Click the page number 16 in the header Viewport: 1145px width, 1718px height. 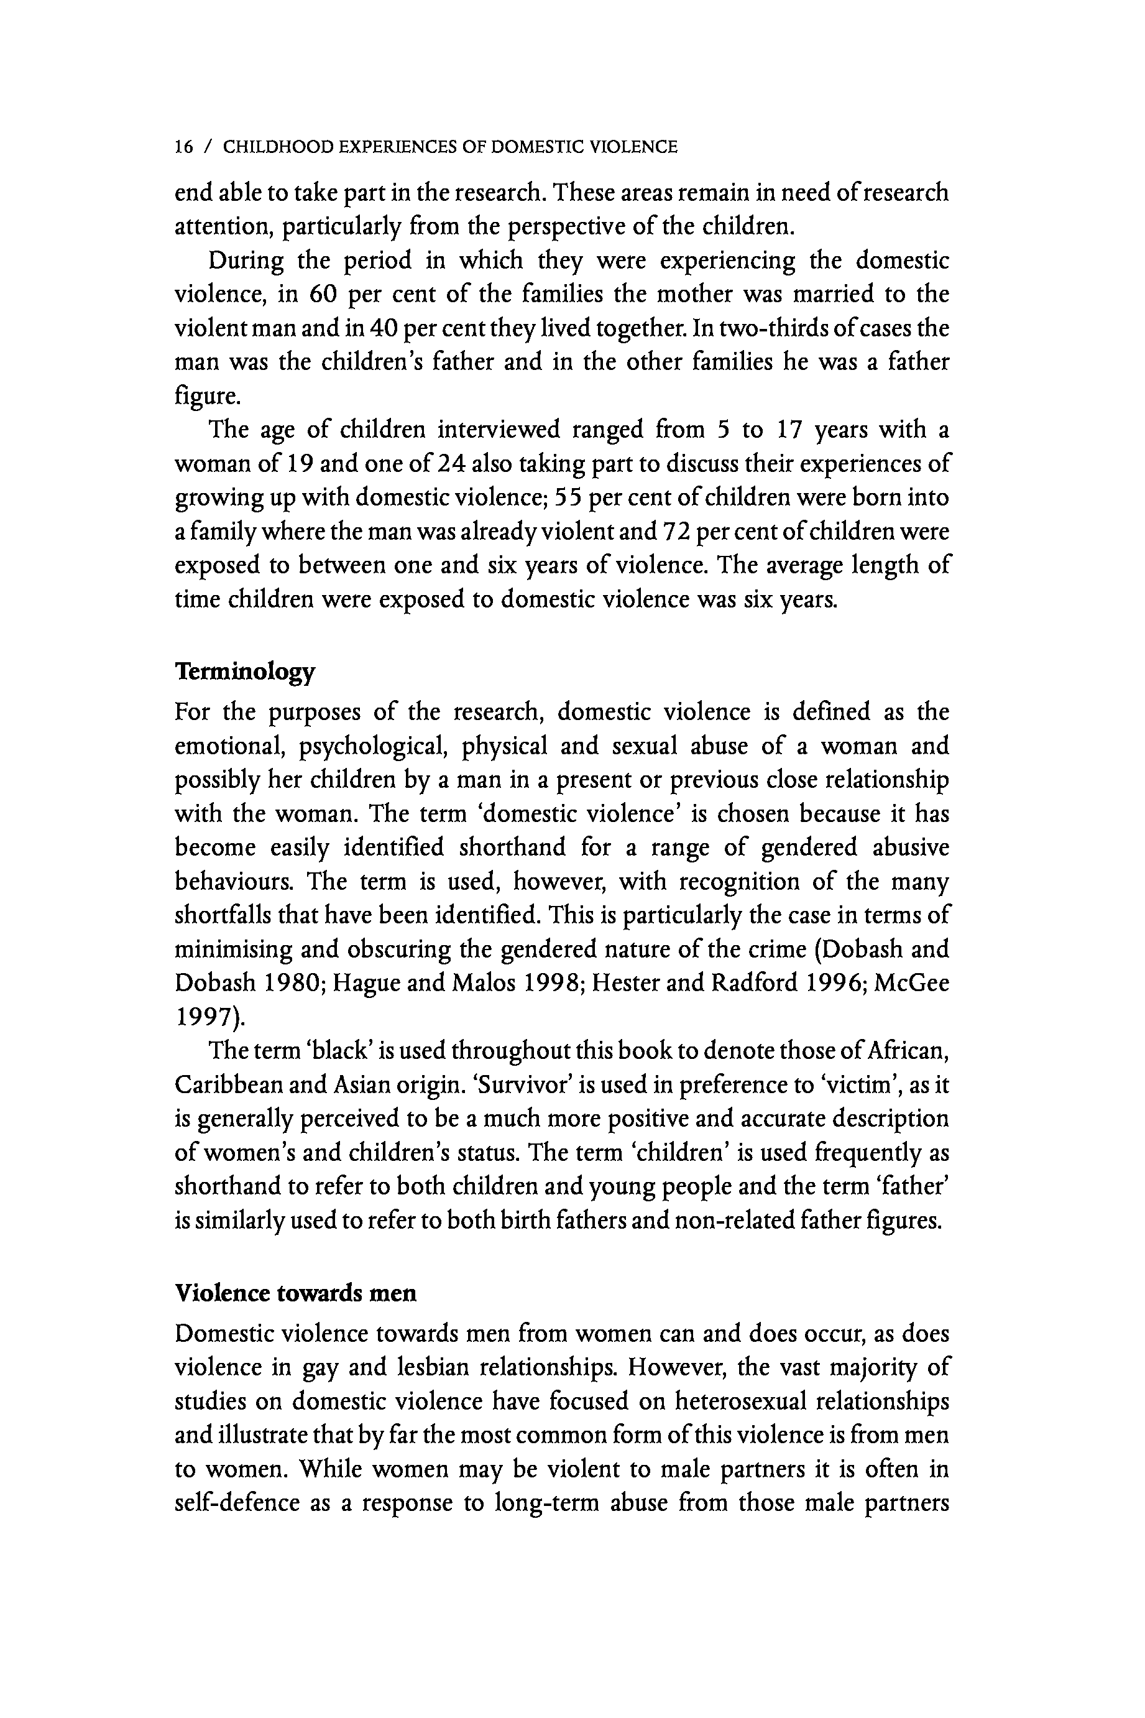(x=184, y=147)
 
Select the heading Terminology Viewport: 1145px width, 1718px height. (x=245, y=672)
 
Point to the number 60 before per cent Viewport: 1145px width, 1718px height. (x=322, y=294)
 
